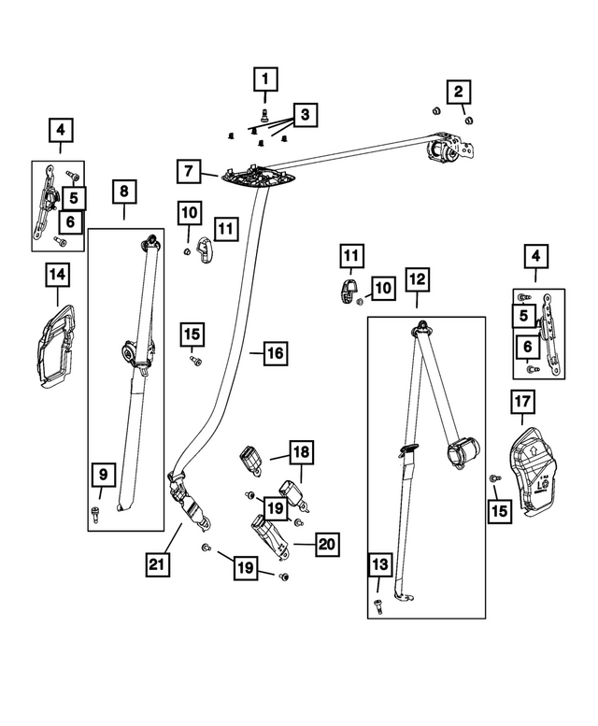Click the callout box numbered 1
tap(265, 80)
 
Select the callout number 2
tap(458, 92)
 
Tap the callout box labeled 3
tap(304, 116)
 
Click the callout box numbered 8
tap(124, 193)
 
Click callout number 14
tap(57, 275)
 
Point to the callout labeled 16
tap(275, 353)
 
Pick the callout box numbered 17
tap(521, 403)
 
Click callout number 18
tap(302, 452)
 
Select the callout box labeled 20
tap(327, 544)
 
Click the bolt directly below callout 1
tap(264, 116)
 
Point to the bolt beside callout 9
tap(94, 509)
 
